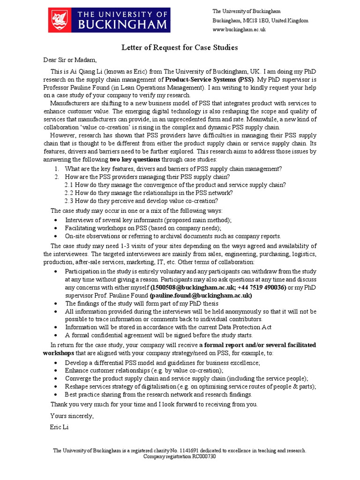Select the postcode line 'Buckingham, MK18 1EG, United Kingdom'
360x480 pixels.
(x=260, y=21)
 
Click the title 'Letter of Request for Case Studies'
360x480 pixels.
(x=180, y=47)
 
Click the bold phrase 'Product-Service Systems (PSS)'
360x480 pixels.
(x=210, y=80)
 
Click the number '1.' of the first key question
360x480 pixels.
(x=56, y=169)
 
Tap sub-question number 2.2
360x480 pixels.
(x=69, y=193)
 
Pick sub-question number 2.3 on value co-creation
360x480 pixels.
(x=69, y=201)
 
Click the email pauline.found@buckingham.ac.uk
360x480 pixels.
(x=201, y=296)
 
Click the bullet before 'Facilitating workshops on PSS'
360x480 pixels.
(x=56, y=228)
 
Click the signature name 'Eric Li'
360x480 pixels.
(x=59, y=427)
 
